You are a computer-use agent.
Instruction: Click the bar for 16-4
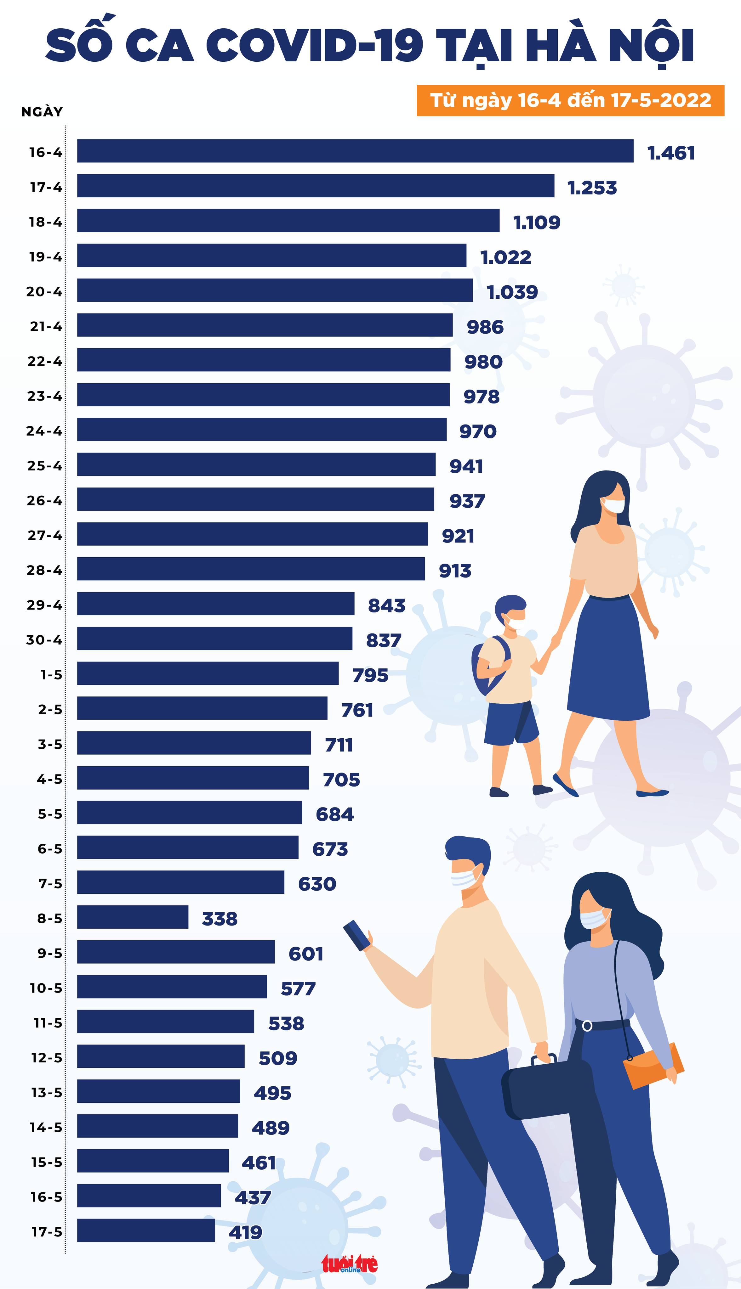point(355,151)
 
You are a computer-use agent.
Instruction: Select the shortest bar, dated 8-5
point(133,917)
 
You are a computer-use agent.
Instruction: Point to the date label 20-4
point(44,291)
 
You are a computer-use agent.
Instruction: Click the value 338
point(219,918)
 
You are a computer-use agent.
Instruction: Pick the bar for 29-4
point(216,604)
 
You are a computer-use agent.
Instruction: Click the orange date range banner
point(570,100)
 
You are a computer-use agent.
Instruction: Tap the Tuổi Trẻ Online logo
point(349,1263)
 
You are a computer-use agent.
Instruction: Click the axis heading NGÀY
point(42,112)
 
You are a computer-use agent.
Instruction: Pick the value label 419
point(245,1232)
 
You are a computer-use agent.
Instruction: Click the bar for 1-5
point(208,673)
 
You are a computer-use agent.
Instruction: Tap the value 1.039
point(512,292)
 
